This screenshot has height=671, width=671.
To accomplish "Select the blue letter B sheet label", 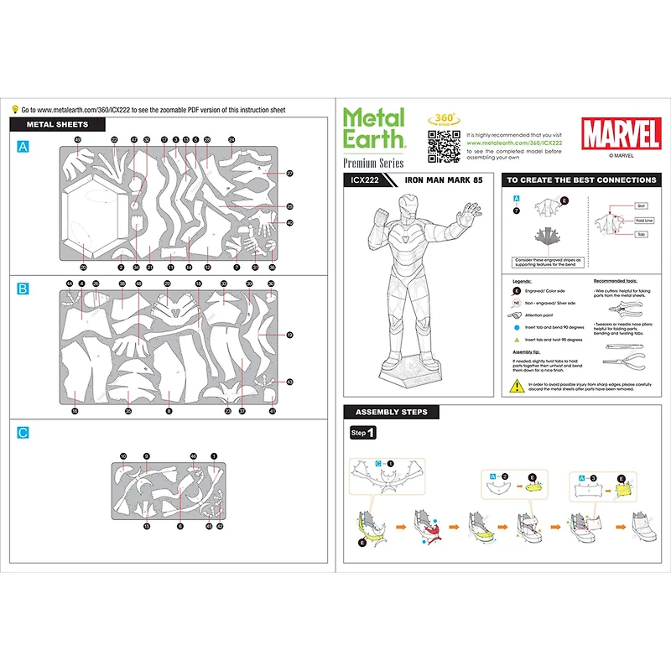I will (23, 289).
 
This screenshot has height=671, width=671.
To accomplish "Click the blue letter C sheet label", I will (23, 433).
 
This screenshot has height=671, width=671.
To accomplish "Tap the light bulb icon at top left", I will (14, 109).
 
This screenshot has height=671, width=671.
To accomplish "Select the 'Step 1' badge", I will (362, 433).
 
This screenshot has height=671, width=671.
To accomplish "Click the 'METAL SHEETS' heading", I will (58, 125).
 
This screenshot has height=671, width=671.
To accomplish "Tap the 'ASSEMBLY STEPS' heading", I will (391, 413).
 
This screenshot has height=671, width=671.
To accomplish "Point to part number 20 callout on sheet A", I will (83, 268).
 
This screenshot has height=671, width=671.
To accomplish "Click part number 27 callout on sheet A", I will (289, 174).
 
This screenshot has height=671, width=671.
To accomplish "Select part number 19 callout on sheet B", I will (289, 335).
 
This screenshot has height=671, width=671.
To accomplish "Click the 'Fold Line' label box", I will (644, 220).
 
